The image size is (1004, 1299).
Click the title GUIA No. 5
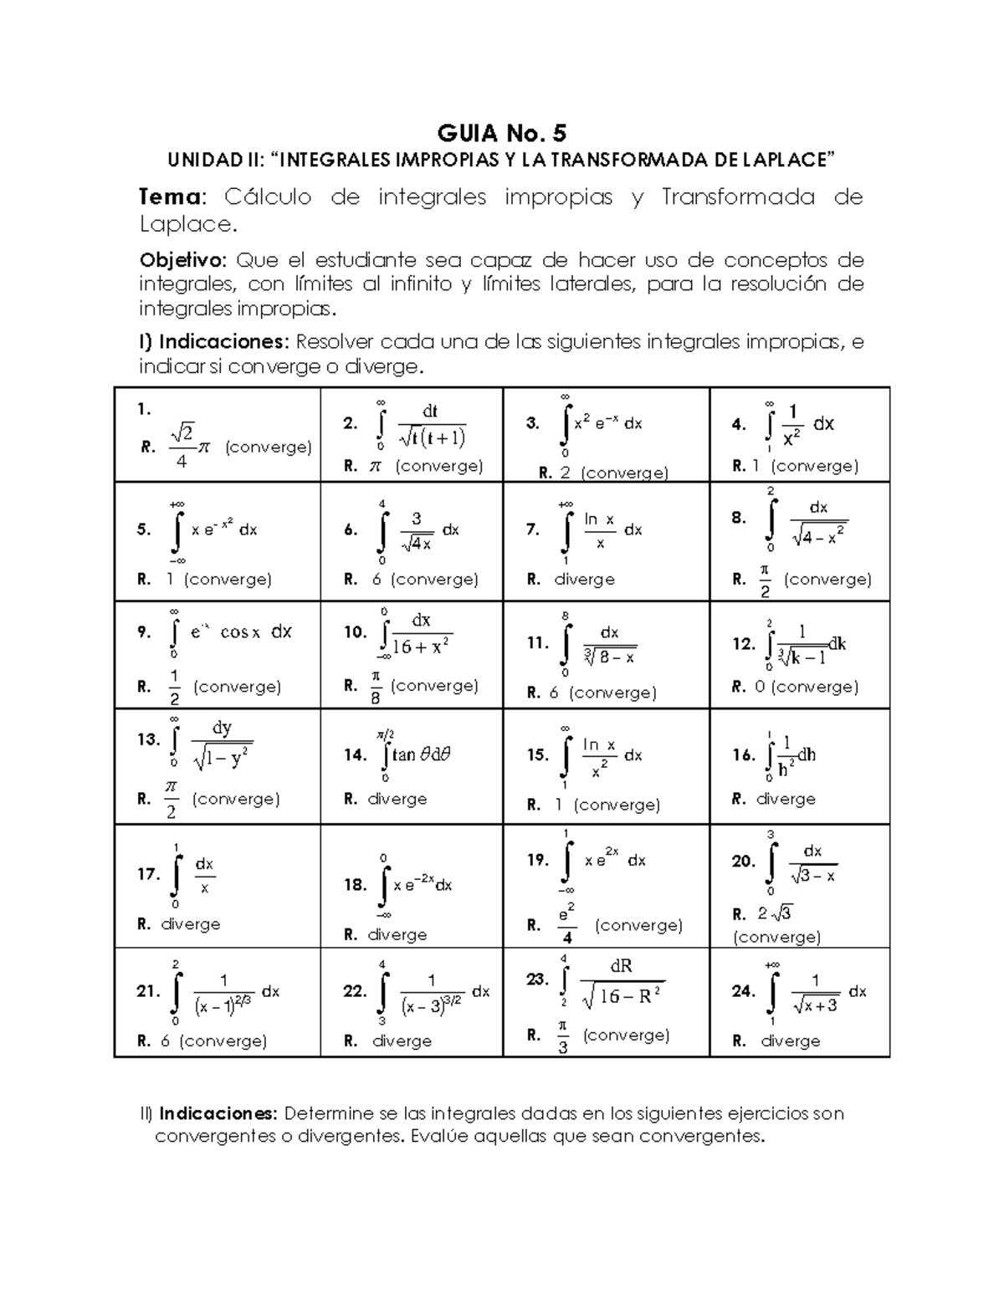[502, 133]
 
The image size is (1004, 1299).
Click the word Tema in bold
[170, 197]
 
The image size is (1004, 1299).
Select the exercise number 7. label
[533, 529]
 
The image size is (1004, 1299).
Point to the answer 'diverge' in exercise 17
[191, 924]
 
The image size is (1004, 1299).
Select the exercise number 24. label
[743, 991]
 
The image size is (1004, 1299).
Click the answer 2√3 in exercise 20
[775, 913]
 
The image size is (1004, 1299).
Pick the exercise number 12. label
[743, 644]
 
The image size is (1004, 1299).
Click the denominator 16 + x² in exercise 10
[423, 647]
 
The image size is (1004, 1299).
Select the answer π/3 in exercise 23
[562, 1036]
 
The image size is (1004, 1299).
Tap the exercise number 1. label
[144, 409]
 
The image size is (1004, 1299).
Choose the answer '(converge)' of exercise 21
[223, 1041]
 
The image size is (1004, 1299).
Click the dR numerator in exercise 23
[621, 966]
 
